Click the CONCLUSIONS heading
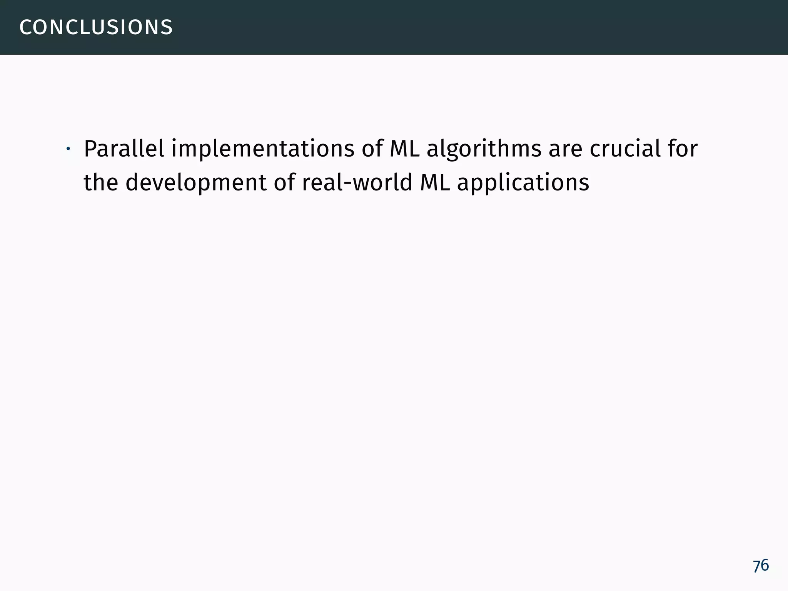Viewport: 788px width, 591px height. coord(96,27)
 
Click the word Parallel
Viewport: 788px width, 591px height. coord(124,149)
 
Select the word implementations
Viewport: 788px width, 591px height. coord(263,149)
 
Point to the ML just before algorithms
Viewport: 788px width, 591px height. coord(404,149)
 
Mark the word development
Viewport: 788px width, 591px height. coord(196,183)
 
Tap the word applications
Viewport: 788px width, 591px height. coord(523,183)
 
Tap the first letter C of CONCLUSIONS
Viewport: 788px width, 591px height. coord(25,27)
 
